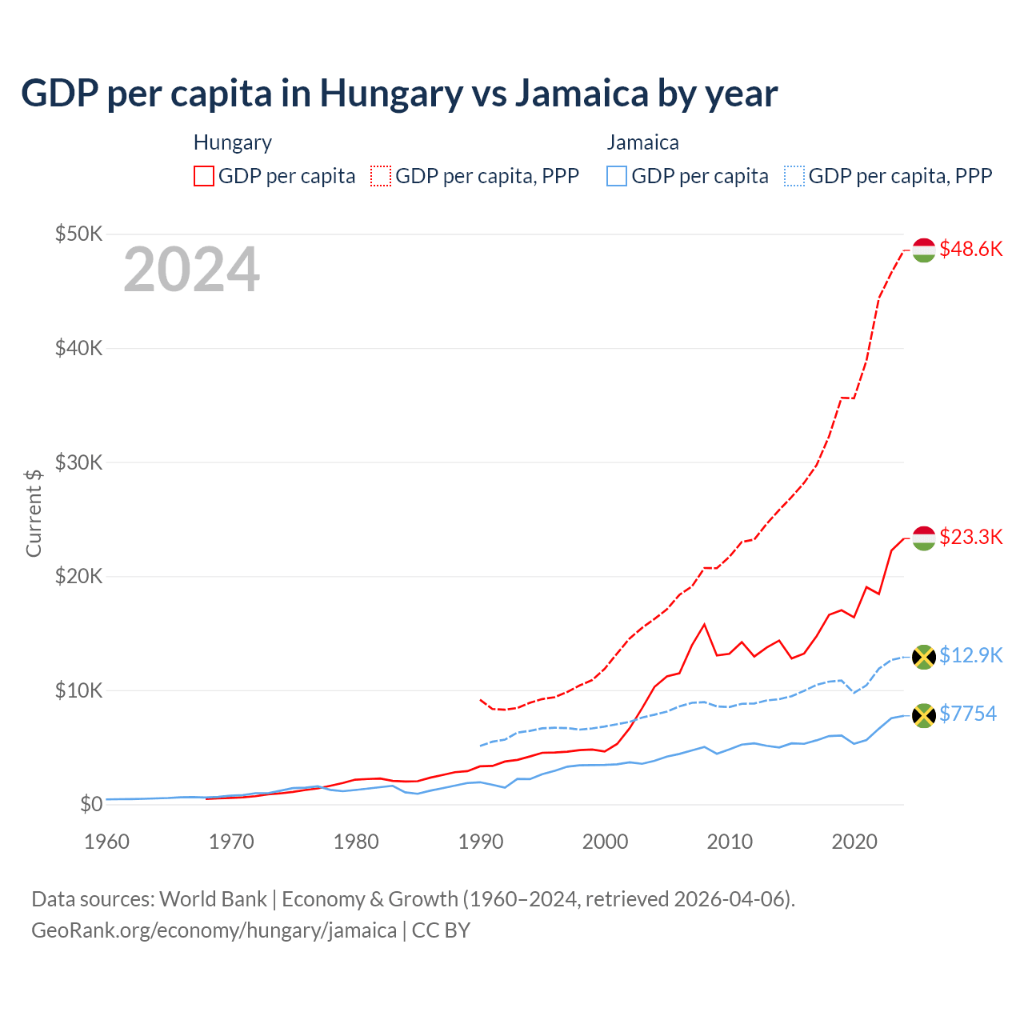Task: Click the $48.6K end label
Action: point(970,249)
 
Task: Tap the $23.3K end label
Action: point(970,537)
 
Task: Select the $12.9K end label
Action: point(970,655)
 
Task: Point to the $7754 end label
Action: point(967,714)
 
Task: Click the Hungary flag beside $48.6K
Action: point(924,250)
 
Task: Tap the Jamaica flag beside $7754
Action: point(924,715)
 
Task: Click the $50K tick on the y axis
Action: point(78,234)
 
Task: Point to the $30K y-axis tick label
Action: point(78,462)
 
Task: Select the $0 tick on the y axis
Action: point(91,804)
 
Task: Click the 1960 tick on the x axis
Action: point(106,842)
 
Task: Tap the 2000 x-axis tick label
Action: point(605,842)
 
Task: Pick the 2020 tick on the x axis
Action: point(854,842)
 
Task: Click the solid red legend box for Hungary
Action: point(204,176)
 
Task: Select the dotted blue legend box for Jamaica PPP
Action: point(794,176)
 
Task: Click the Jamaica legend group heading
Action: point(642,142)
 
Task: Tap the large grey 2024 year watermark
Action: point(191,270)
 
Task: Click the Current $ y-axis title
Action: point(34,513)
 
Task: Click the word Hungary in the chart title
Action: point(391,93)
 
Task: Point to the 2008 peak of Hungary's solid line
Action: point(704,624)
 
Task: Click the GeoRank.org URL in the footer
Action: point(214,930)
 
